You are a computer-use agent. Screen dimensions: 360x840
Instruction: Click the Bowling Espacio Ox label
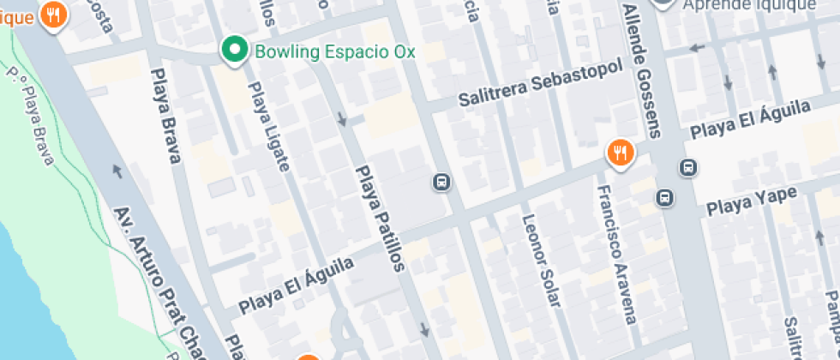pos(334,52)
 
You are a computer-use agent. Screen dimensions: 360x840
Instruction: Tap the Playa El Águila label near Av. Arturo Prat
pos(297,285)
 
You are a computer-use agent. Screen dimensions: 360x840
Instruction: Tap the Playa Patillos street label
pos(379,218)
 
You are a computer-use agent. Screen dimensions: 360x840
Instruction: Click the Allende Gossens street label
pos(644,69)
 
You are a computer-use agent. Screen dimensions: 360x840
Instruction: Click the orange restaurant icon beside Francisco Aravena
pos(620,153)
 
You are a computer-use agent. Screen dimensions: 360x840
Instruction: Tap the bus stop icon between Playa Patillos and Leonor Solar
pos(441,182)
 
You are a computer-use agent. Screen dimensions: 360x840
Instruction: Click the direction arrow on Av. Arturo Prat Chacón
pos(117,170)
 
